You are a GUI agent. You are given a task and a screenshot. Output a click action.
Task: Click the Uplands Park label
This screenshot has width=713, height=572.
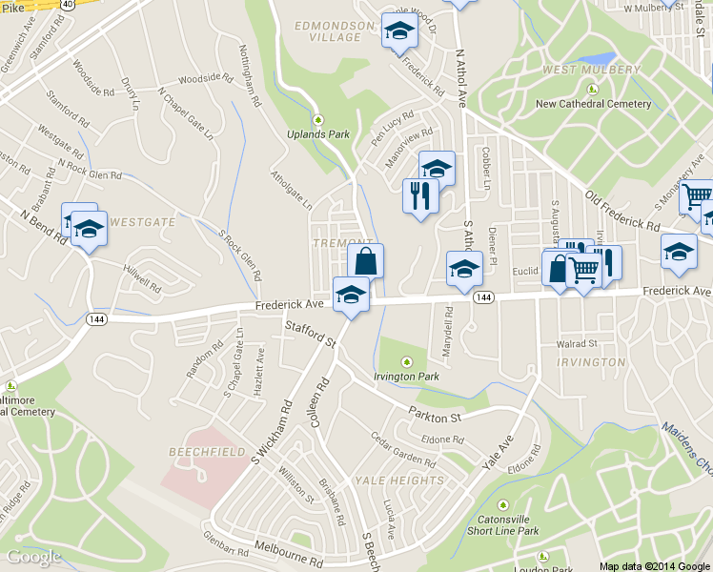(x=318, y=134)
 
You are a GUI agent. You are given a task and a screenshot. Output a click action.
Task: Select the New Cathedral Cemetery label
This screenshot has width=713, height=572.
(x=593, y=104)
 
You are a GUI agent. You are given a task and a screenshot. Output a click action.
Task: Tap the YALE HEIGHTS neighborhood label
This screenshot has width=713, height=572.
(x=398, y=480)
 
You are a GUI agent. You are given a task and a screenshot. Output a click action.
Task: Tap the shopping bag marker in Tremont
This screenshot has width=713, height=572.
(x=367, y=260)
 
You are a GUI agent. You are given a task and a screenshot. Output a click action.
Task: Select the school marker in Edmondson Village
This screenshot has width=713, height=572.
(x=399, y=31)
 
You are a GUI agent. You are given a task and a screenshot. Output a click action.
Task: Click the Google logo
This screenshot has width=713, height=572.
(x=33, y=557)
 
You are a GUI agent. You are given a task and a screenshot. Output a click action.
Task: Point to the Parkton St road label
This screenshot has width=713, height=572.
(x=434, y=417)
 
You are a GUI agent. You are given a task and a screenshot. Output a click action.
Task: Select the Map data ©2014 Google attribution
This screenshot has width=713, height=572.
(x=654, y=565)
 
